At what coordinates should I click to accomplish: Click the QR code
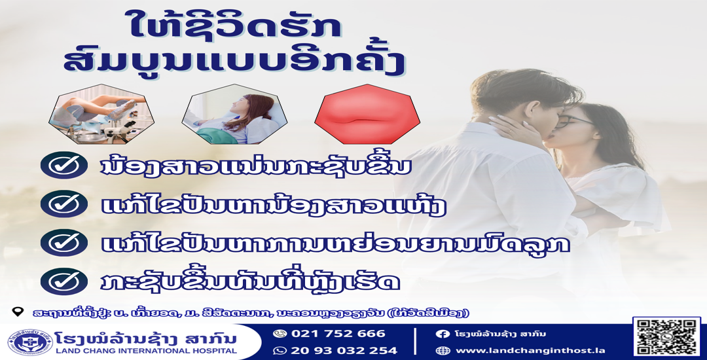[667, 337]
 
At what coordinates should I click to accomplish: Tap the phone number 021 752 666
[338, 334]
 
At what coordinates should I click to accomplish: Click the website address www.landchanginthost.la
[530, 351]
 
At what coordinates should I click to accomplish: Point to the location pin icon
[18, 312]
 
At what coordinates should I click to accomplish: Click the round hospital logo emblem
[29, 342]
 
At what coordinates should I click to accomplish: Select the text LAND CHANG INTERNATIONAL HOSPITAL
[145, 351]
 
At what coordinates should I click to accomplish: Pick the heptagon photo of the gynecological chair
[101, 115]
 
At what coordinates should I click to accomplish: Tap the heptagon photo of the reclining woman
[234, 115]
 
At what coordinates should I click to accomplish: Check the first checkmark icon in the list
[64, 166]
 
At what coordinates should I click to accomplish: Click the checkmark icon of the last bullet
[64, 281]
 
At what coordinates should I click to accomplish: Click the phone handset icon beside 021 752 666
[280, 334]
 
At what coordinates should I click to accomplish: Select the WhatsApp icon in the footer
[280, 351]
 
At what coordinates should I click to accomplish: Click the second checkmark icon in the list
[64, 204]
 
